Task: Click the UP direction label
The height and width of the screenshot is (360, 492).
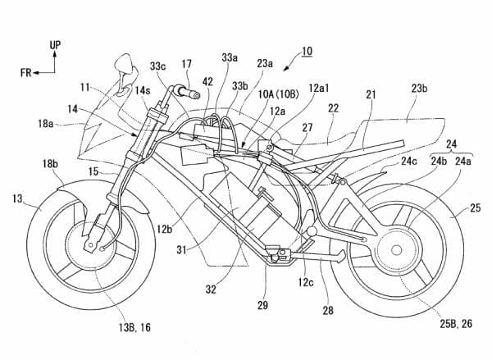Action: point(55,45)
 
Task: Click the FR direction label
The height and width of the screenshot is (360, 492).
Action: point(26,73)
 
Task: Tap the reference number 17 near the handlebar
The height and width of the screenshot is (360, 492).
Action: point(186,64)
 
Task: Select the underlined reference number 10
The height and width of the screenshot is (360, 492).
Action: point(307,51)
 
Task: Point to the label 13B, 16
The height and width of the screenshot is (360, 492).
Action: point(134,328)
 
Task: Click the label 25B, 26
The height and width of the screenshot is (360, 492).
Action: point(456,324)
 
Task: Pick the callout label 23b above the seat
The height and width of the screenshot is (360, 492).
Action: point(420,89)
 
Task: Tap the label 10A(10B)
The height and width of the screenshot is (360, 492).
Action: point(278,94)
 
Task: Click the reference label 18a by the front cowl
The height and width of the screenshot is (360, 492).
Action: point(45,124)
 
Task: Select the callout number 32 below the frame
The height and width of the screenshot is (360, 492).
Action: point(211,289)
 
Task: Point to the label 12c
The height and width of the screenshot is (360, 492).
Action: point(306,282)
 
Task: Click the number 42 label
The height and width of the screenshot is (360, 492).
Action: point(207,82)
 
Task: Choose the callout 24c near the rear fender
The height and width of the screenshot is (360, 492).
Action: point(409,161)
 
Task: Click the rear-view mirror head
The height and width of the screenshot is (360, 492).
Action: point(123,64)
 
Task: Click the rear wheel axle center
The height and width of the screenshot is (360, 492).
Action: point(397,250)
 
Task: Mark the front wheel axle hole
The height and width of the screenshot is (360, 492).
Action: point(91,244)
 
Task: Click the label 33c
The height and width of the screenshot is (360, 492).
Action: point(157,66)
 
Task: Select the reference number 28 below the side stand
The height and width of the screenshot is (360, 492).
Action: point(328,311)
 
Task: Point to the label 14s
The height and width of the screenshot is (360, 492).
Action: point(143,91)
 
